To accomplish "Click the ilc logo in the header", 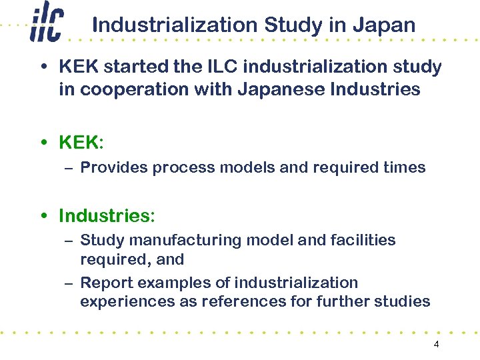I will pyautogui.click(x=46, y=25).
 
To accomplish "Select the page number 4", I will pyautogui.click(x=436, y=345).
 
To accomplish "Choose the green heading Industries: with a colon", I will pyautogui.click(x=107, y=216).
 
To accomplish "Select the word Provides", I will pyautogui.click(x=114, y=167).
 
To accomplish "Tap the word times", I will pyautogui.click(x=404, y=167).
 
